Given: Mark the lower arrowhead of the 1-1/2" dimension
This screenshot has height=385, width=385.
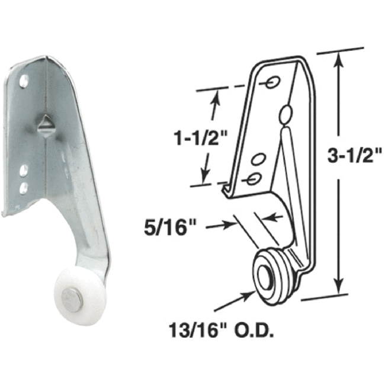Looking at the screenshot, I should pos(205,178).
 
